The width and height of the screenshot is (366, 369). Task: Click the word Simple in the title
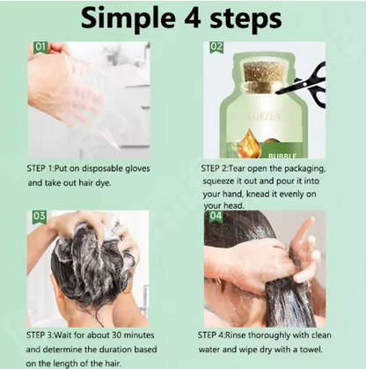[x=128, y=18]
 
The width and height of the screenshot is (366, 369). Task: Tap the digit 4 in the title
[x=193, y=18]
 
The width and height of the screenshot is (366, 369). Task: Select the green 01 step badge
[x=40, y=48]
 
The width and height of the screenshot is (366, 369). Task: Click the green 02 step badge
[x=216, y=48]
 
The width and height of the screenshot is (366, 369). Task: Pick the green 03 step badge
[x=40, y=217]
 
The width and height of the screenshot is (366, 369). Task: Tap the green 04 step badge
[x=216, y=217]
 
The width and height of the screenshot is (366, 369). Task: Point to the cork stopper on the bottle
[x=264, y=77]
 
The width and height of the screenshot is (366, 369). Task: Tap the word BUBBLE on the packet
[x=282, y=156]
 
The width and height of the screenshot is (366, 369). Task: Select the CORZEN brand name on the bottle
[x=265, y=117]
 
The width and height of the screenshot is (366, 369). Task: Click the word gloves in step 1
[x=137, y=169]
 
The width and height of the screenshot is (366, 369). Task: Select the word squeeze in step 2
[x=218, y=181]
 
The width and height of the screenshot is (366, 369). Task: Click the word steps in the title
[x=246, y=19]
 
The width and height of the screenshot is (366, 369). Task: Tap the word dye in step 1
[x=104, y=183]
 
